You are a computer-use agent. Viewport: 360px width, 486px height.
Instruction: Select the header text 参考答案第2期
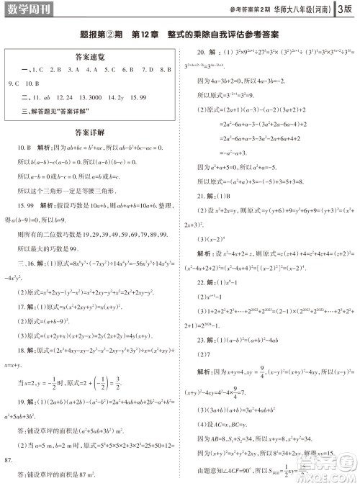tap(249, 9)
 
